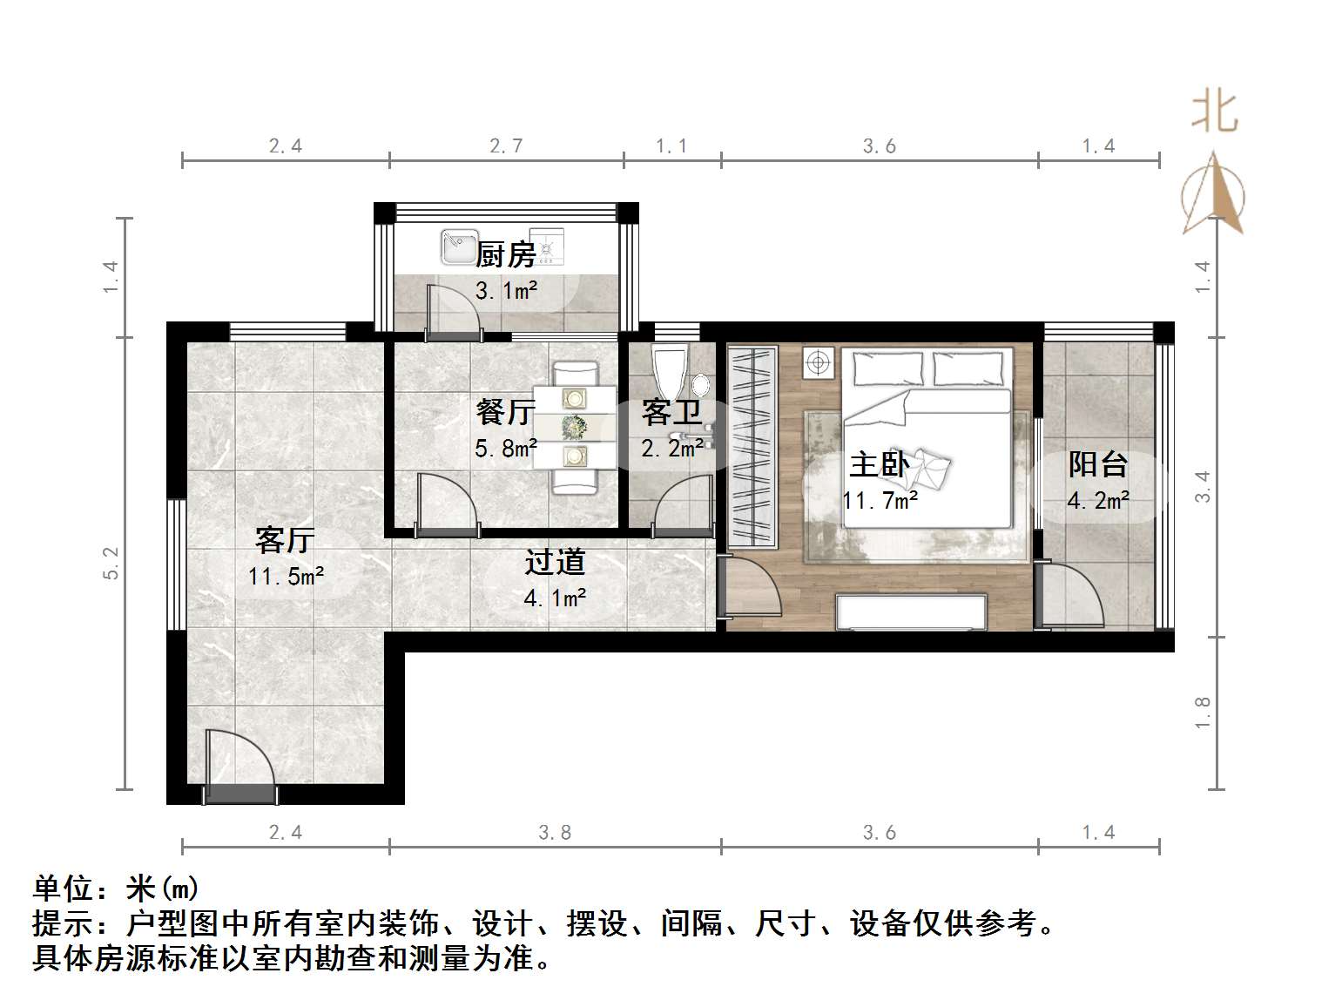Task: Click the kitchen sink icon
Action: tap(458, 247)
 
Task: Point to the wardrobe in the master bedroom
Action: tap(752, 448)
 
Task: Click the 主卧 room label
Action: tap(879, 464)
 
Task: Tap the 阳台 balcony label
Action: tap(1097, 464)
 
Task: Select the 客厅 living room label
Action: tap(284, 540)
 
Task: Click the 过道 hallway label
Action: tap(554, 563)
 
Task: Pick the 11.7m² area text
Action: tap(880, 501)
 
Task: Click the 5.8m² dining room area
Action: tap(505, 449)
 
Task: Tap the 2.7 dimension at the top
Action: tap(506, 145)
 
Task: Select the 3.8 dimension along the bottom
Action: tap(555, 833)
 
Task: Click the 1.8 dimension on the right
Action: tap(1203, 713)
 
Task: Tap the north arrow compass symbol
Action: tap(1213, 195)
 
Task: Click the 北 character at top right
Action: tap(1215, 112)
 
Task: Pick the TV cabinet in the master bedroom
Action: tap(910, 612)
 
